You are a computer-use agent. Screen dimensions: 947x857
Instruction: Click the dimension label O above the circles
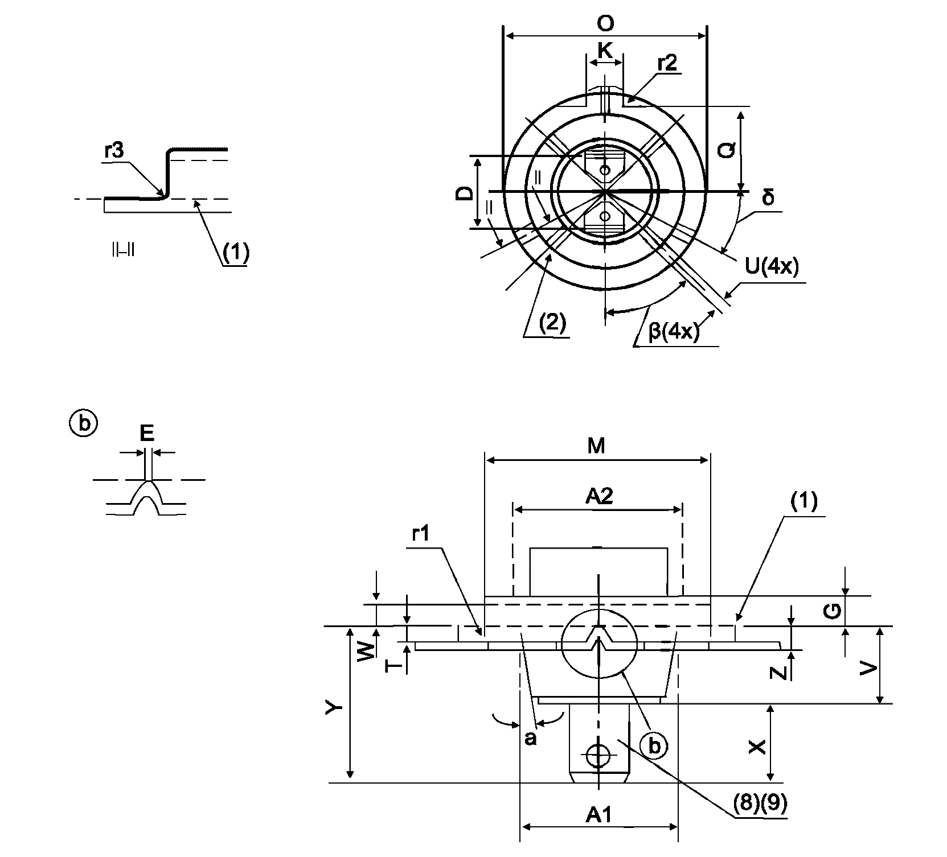pos(605,23)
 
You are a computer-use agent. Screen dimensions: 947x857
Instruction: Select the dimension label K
pos(605,51)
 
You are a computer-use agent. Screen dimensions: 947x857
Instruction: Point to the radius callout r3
pos(114,152)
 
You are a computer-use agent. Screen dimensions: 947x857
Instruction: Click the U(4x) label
pos(772,266)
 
